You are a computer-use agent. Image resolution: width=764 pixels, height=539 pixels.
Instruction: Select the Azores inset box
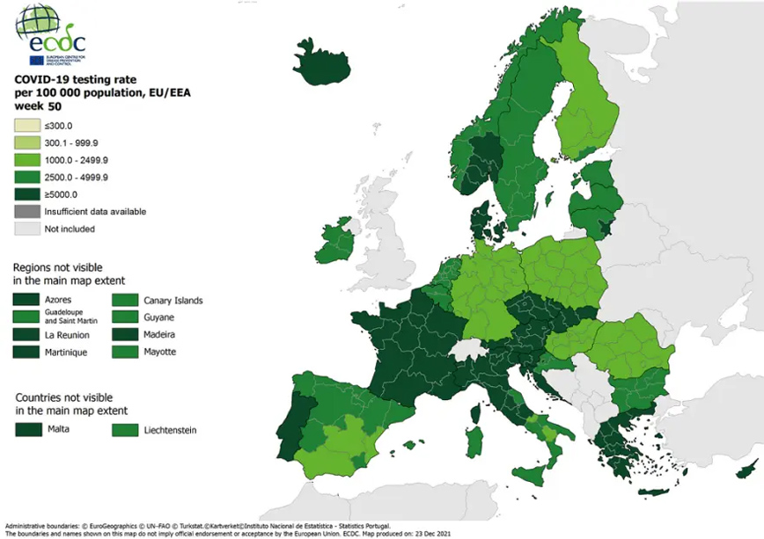[26, 300]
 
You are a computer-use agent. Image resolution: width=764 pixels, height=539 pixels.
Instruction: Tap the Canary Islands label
[173, 300]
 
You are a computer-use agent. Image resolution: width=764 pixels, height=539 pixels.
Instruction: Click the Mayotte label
[160, 352]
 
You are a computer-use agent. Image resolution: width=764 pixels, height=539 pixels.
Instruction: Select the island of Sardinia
[474, 436]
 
